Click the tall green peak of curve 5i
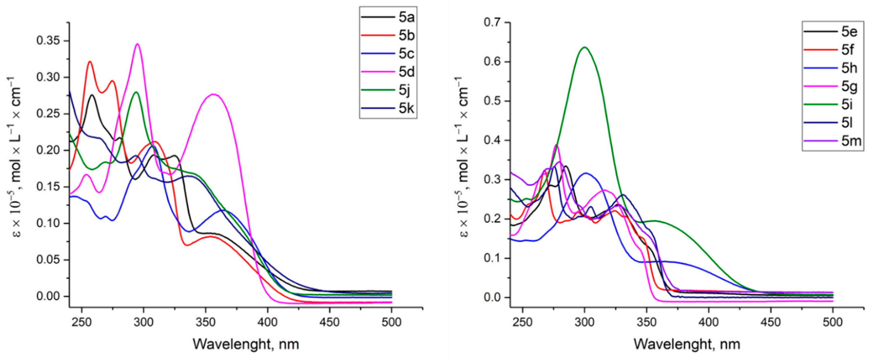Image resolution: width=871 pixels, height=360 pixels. (584, 47)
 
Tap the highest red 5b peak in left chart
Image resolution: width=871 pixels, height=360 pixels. (90, 62)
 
